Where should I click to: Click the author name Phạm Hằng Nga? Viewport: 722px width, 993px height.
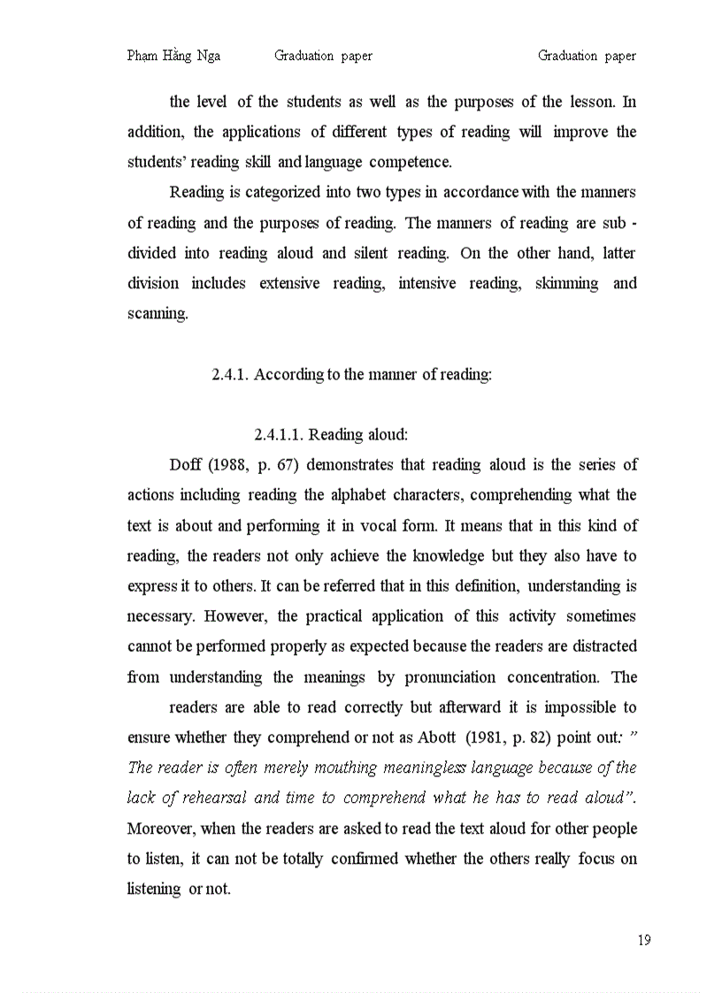(x=173, y=56)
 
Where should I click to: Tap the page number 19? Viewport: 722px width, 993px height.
(x=643, y=940)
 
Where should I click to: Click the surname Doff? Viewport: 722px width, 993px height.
(x=185, y=465)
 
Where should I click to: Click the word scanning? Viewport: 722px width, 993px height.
(x=157, y=314)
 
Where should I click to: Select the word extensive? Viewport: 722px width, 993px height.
(x=289, y=284)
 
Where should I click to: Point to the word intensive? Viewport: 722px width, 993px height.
(x=432, y=284)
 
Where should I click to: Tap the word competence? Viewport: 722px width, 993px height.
(x=410, y=162)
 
